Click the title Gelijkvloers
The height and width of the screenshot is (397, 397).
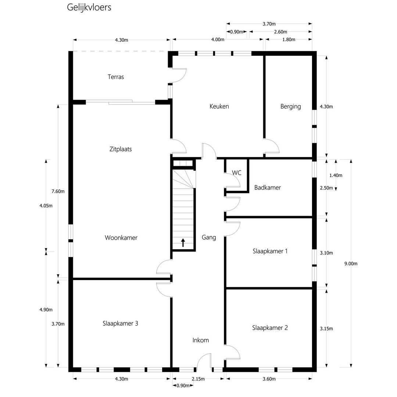point(89,7)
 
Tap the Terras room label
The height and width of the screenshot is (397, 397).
point(116,77)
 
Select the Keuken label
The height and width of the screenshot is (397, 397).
point(219,106)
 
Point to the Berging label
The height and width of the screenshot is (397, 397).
point(291,107)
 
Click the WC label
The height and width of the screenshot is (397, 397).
point(237,173)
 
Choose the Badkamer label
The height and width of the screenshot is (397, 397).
point(268,187)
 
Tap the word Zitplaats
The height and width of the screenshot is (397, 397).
point(121,149)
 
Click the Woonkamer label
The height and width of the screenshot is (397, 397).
point(121,238)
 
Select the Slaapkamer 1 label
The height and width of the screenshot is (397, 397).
point(270,251)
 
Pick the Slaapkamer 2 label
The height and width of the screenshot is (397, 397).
point(270,328)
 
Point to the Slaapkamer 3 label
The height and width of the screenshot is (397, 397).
point(120,323)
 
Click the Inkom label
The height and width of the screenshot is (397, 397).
point(201,340)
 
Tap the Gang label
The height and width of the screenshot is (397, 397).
point(209,237)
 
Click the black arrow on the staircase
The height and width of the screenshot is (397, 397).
point(183,242)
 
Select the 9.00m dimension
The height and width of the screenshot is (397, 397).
point(351,264)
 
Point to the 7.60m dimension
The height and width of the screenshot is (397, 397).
point(58,192)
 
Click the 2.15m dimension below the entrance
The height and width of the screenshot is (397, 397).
point(198,379)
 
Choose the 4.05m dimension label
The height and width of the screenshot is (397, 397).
point(46,206)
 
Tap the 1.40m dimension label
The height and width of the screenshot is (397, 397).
point(336,175)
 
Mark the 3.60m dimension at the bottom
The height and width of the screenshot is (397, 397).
point(269,379)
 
